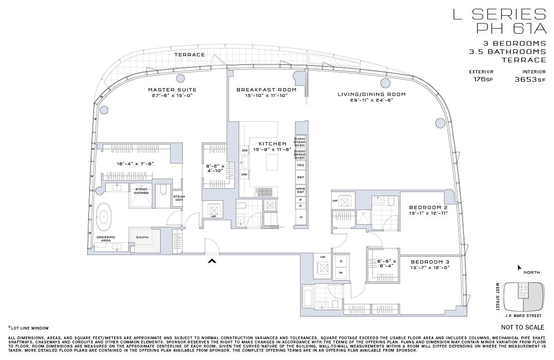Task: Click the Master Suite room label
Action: click(172, 90)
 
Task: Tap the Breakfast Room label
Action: click(266, 90)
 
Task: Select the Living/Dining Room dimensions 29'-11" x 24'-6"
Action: click(372, 100)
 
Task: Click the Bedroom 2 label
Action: click(428, 207)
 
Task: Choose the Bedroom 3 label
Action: click(430, 262)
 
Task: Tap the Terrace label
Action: click(190, 54)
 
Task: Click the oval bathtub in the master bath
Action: click(103, 217)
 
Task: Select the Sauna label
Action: click(142, 237)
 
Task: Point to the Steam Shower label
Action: click(141, 191)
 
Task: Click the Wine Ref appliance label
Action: click(301, 190)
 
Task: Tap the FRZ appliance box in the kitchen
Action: click(301, 165)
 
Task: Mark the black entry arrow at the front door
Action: click(212, 261)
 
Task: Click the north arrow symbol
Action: click(519, 268)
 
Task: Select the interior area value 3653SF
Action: click(530, 79)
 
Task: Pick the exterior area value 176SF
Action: click(483, 79)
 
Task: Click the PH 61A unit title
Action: click(511, 29)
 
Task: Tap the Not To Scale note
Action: click(523, 327)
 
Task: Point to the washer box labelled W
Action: click(341, 273)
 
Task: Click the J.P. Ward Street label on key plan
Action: click(524, 316)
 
